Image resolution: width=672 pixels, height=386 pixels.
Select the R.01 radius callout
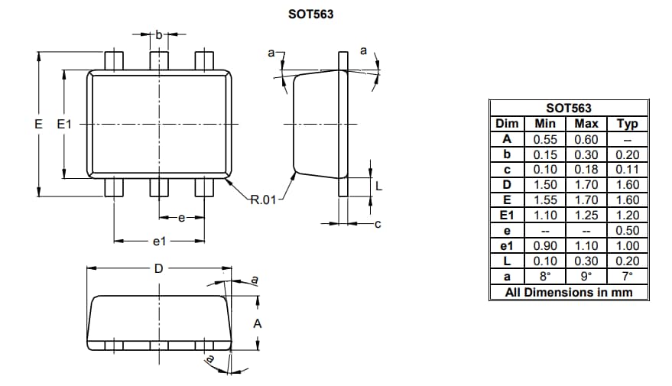263,200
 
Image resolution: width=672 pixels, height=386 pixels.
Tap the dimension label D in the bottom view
157,269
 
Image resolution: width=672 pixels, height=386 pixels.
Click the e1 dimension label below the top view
159,242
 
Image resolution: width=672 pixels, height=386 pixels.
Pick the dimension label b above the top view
158,34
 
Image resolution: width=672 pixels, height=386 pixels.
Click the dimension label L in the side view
378,186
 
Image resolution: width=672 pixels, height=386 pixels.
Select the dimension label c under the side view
378,224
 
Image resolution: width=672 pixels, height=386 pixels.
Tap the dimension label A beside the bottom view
258,324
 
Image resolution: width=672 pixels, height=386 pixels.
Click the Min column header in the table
545,124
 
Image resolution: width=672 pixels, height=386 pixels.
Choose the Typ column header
627,124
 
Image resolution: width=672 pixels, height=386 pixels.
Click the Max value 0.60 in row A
586,139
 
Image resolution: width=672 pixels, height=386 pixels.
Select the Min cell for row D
545,185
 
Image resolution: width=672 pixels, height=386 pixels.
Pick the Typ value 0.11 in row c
627,170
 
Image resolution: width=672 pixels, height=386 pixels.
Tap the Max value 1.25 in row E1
586,216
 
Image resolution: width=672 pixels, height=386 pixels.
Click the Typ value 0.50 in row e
627,231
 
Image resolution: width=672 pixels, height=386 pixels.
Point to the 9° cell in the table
586,277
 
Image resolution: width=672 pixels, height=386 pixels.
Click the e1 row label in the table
506,246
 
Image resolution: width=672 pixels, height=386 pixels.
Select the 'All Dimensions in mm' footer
569,292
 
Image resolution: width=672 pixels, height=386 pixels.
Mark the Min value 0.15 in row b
545,154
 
